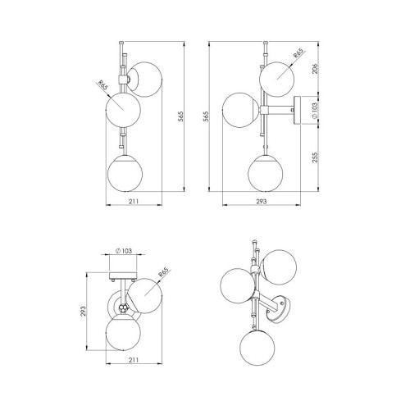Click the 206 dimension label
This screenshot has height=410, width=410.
pyautogui.click(x=315, y=69)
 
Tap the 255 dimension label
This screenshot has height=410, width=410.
pyautogui.click(x=315, y=157)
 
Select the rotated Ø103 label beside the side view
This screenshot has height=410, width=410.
pyautogui.click(x=315, y=111)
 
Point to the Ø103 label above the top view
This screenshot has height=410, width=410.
pyautogui.click(x=124, y=250)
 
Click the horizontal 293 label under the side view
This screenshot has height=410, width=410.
pyautogui.click(x=261, y=202)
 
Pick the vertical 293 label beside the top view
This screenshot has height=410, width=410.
pyautogui.click(x=83, y=311)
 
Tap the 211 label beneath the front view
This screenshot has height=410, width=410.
pyautogui.click(x=134, y=202)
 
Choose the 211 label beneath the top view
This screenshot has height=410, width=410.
pyautogui.click(x=134, y=360)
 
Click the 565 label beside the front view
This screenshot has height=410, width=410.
pyautogui.click(x=180, y=116)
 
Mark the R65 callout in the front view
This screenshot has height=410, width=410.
pyautogui.click(x=103, y=85)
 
